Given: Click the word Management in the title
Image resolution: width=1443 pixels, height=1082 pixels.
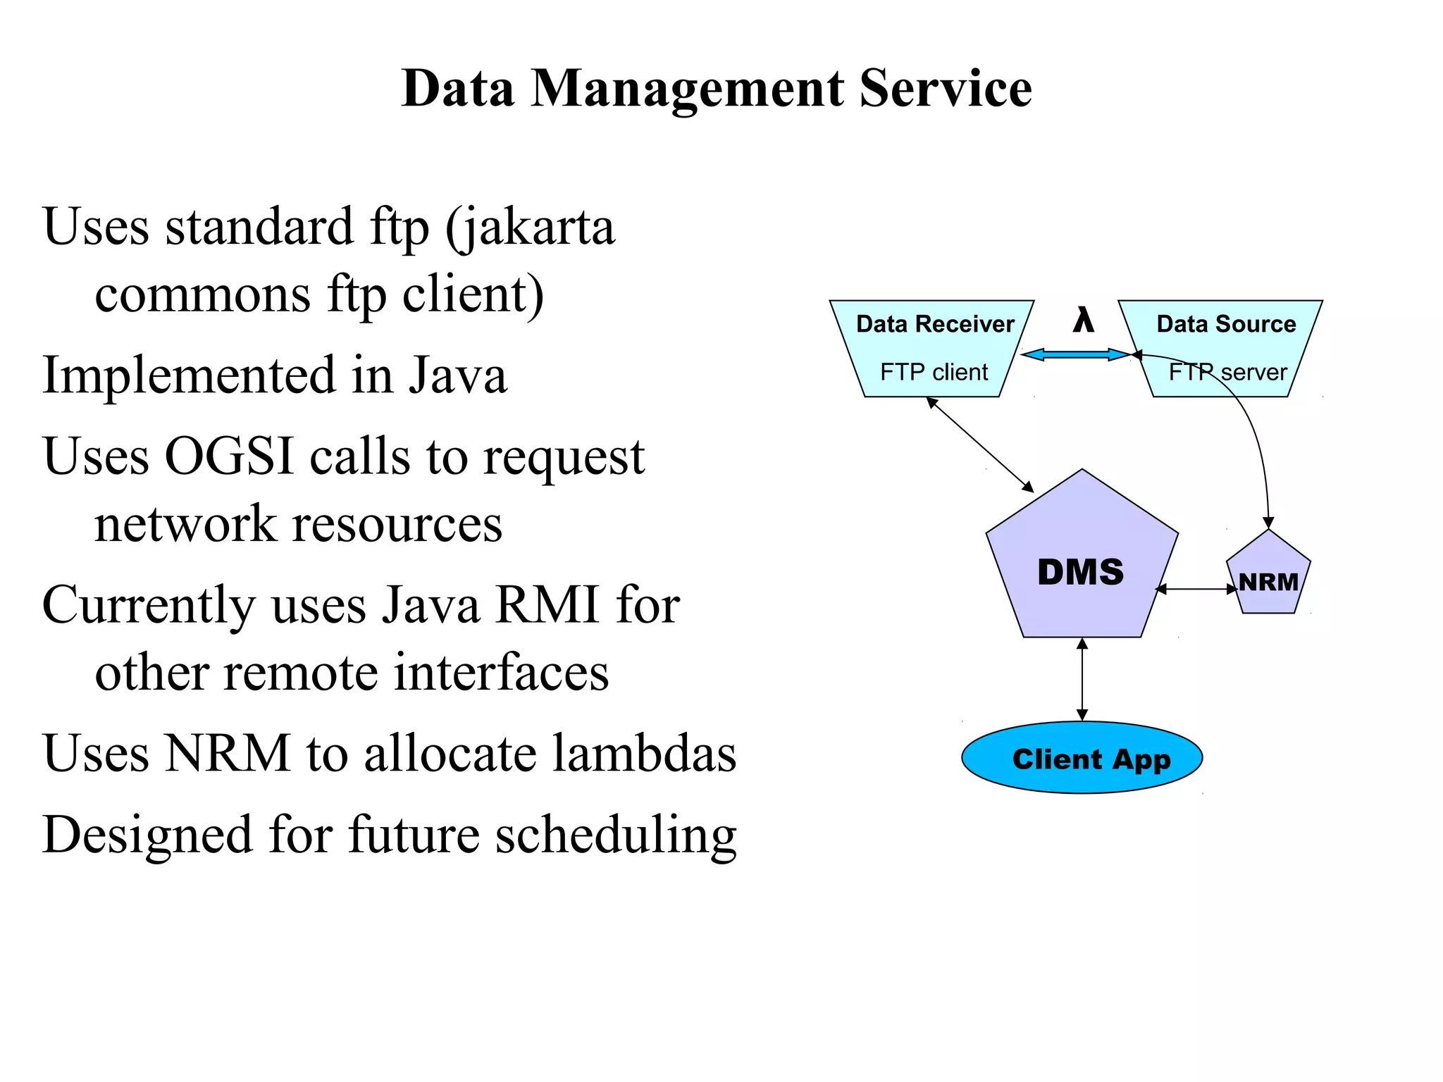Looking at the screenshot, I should pyautogui.click(x=687, y=89).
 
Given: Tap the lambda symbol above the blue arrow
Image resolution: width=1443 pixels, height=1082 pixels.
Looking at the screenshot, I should pyautogui.click(x=1083, y=321).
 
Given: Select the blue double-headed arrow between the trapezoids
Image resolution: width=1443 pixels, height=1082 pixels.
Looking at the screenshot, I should pyautogui.click(x=1075, y=354).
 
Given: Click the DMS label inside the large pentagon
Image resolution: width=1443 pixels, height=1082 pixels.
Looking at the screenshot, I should pyautogui.click(x=1080, y=572).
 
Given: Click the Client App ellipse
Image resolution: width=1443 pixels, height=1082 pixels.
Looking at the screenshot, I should pyautogui.click(x=1082, y=759).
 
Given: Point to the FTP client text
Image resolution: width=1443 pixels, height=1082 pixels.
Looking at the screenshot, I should pyautogui.click(x=934, y=372).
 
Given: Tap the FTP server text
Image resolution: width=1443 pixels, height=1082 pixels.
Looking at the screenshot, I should pyautogui.click(x=1227, y=372).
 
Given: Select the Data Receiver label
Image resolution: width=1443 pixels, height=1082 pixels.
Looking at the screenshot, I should pyautogui.click(x=934, y=324).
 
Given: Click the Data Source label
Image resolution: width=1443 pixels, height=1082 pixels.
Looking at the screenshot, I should pyautogui.click(x=1226, y=324).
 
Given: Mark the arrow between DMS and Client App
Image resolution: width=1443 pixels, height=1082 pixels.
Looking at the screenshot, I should pyautogui.click(x=1082, y=680).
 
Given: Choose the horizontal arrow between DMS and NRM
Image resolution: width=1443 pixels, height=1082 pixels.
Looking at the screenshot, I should pyautogui.click(x=1196, y=589).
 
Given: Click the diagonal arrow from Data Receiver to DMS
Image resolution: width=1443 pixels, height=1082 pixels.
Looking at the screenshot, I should pyautogui.click(x=979, y=444).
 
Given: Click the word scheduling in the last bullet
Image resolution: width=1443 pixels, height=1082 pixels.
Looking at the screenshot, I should pyautogui.click(x=615, y=835).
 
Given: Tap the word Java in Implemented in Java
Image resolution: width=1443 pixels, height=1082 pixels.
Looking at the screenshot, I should pyautogui.click(x=458, y=375).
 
